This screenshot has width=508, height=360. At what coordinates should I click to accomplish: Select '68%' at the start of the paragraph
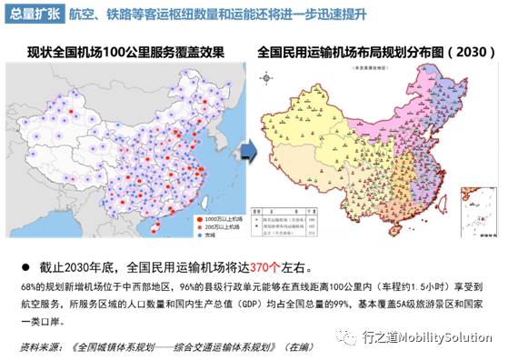pos(27,286)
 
